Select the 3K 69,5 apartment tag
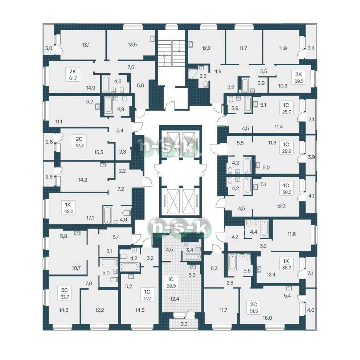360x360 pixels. [299, 77]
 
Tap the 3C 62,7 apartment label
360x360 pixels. [65, 293]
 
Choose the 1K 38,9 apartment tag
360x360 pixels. [286, 264]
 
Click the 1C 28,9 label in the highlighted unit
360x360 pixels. [171, 282]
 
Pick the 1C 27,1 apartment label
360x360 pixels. [147, 295]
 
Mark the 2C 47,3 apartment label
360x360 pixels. [79, 142]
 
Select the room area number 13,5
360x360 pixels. [132, 45]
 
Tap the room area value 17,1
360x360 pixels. [90, 217]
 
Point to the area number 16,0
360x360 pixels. [267, 318]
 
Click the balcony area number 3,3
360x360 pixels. [184, 324]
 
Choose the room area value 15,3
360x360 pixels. [99, 152]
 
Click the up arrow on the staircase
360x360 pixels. [165, 60]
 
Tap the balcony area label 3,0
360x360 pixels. [48, 48]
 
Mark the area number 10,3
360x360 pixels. [283, 86]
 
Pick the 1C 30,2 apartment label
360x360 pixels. [287, 189]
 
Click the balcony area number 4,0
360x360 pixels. [311, 310]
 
